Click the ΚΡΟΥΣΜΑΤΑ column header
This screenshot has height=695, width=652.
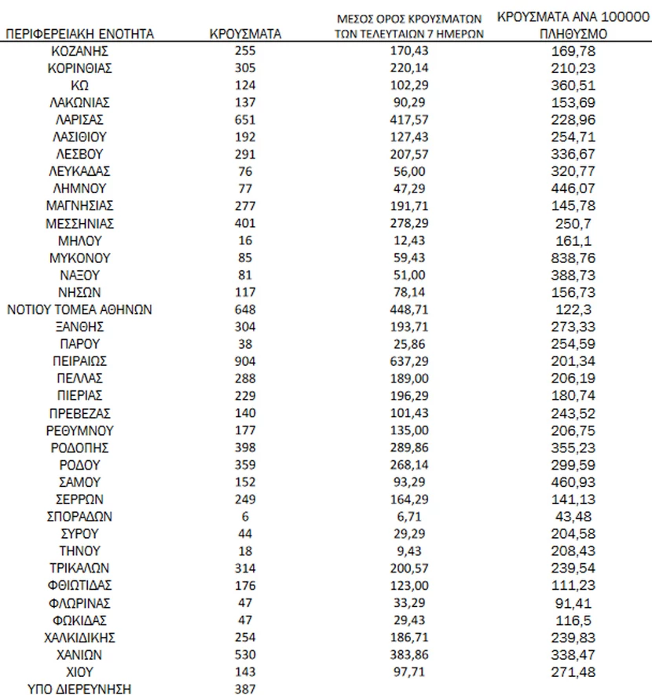coord(245,34)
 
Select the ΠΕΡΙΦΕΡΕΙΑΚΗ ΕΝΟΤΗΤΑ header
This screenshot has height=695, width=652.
coord(80,34)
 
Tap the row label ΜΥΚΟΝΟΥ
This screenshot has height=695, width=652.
coord(80,258)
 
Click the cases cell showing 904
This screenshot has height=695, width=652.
coord(245,361)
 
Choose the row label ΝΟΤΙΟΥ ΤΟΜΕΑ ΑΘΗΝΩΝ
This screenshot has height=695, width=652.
coord(80,309)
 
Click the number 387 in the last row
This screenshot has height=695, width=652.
coord(245,689)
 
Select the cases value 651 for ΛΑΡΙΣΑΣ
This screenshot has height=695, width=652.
coord(245,119)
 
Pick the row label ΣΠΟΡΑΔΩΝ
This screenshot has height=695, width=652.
coord(80,516)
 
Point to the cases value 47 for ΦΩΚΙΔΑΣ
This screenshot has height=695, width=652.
coord(245,620)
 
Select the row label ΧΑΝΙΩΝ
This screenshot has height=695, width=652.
coord(80,654)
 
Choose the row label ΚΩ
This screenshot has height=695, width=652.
coord(80,85)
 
